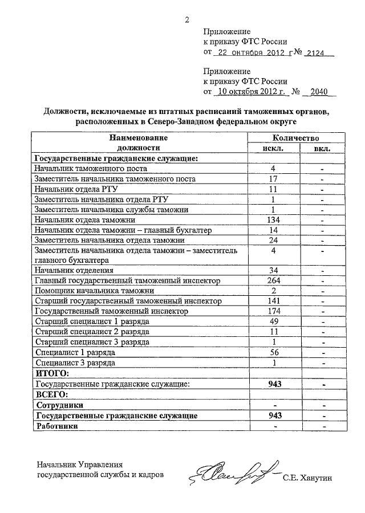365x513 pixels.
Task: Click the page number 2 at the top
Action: click(186, 22)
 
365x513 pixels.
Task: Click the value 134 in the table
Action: click(274, 220)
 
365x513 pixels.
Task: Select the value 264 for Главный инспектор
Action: click(274, 281)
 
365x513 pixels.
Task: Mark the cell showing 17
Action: click(274, 179)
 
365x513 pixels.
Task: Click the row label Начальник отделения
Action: click(74, 271)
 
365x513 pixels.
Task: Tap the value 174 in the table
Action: click(274, 312)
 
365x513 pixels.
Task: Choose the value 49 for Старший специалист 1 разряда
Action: click(274, 322)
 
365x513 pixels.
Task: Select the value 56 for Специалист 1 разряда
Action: click(274, 353)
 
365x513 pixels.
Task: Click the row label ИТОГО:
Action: click(52, 373)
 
